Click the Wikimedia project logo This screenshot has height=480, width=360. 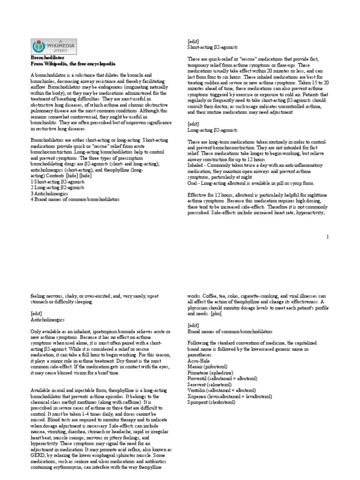tap(54, 46)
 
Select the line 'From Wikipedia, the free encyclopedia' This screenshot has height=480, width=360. tap(73, 63)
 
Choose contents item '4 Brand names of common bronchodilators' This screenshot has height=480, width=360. tap(75, 199)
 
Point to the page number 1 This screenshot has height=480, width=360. tap(328, 237)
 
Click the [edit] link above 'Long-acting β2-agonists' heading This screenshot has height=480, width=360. tap(194, 124)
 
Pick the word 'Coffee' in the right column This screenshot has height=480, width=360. tap(210, 296)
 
